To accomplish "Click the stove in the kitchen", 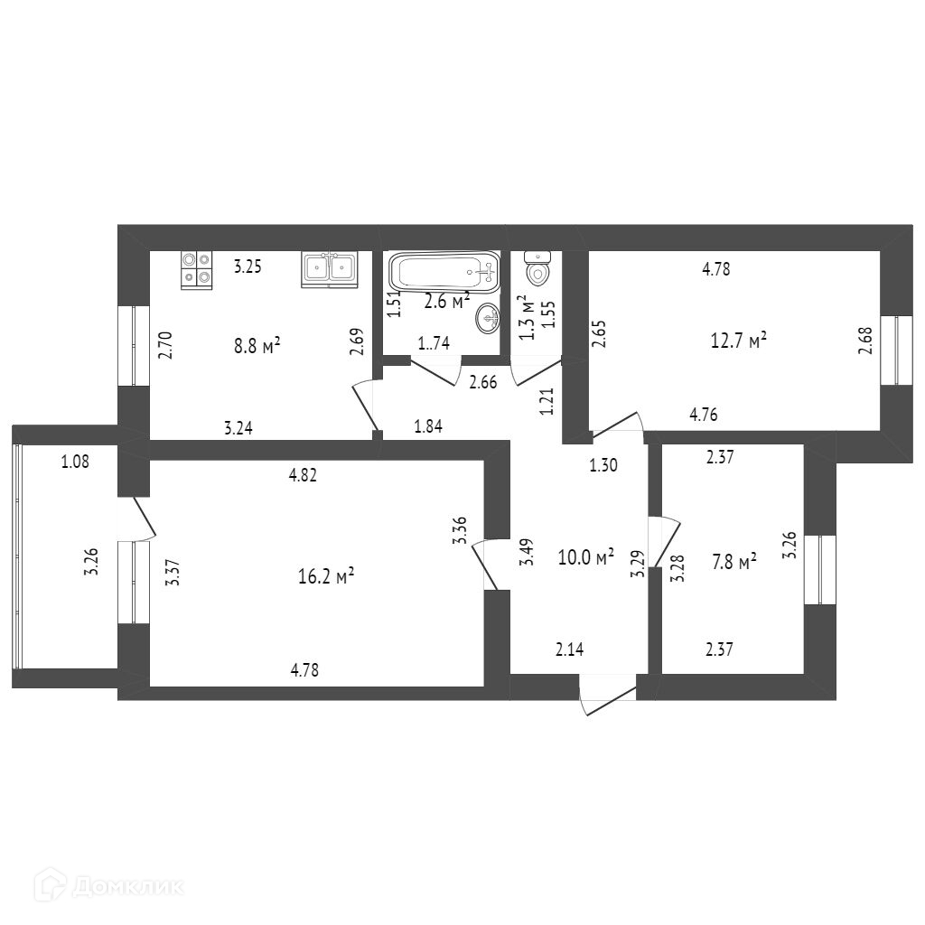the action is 196,269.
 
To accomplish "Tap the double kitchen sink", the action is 329,268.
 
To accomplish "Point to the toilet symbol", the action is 538,268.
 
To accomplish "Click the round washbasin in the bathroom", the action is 488,317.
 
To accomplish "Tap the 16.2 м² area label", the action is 325,576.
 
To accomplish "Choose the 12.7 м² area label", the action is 739,341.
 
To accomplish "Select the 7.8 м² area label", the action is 733,563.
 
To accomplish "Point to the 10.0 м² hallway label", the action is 585,556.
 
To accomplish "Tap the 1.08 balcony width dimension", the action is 74,462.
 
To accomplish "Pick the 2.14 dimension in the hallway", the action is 571,648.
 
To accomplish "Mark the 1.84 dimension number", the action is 428,426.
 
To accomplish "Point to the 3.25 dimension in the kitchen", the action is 248,266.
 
